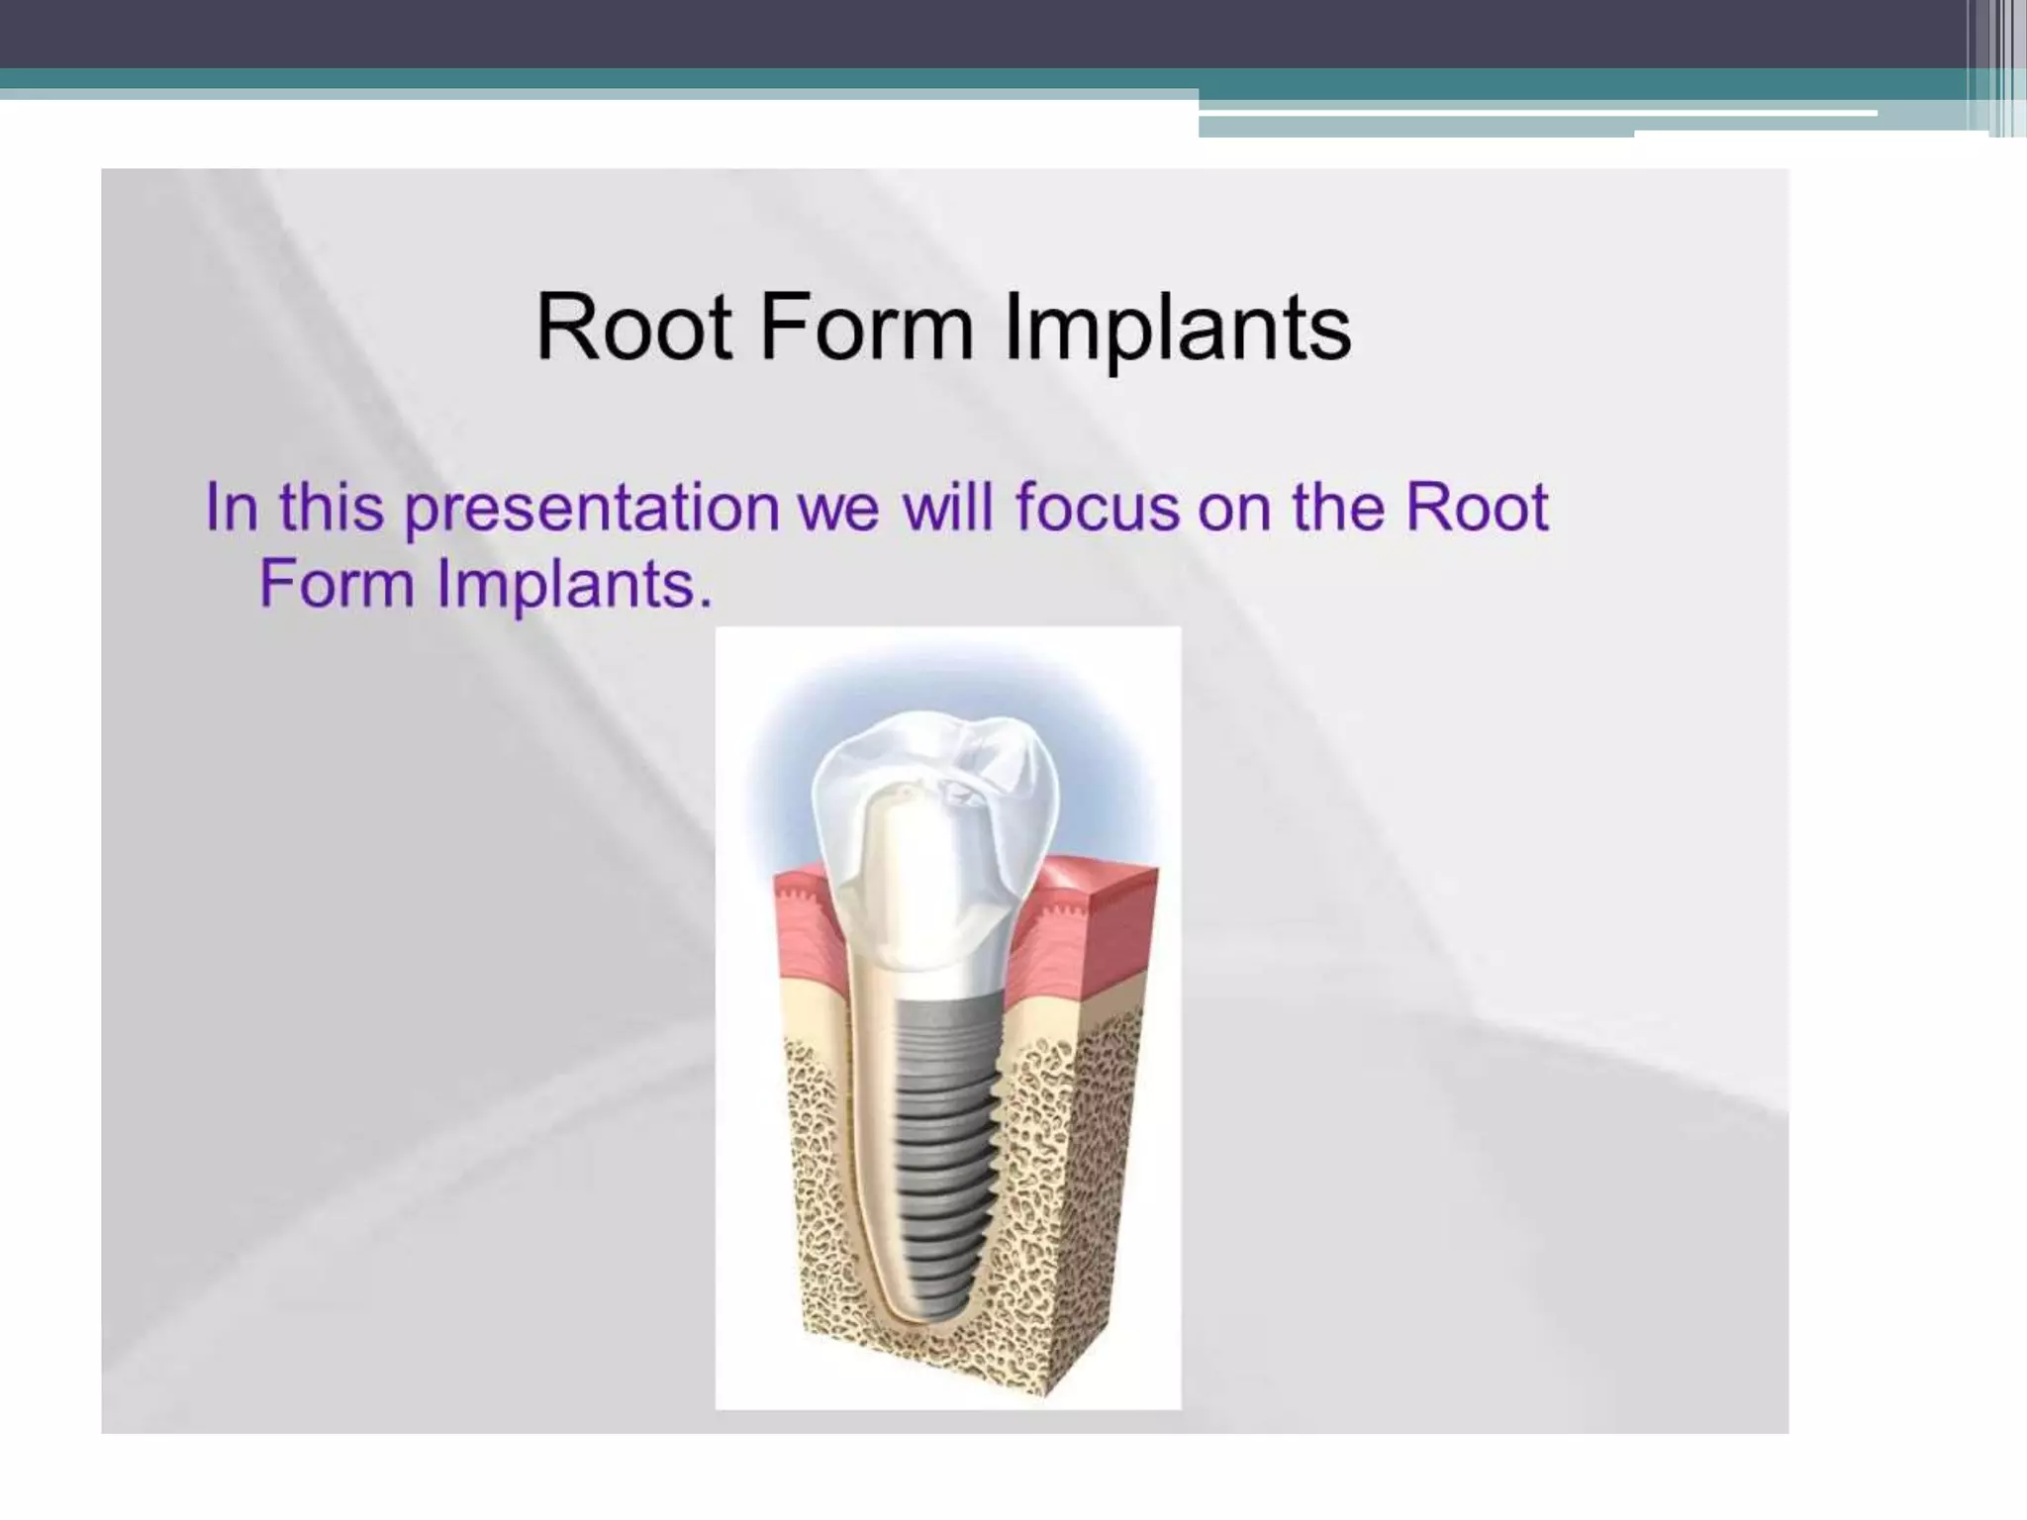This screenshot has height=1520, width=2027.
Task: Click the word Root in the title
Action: pyautogui.click(x=633, y=328)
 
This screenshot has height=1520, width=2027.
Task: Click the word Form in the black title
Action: pyautogui.click(x=867, y=328)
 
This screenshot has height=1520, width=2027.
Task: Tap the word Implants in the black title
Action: pyautogui.click(x=1177, y=330)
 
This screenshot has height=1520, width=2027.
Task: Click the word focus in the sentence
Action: pyautogui.click(x=1097, y=508)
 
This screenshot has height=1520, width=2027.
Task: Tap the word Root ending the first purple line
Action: pyautogui.click(x=1477, y=508)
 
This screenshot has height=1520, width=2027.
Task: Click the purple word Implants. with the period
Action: pyautogui.click(x=574, y=585)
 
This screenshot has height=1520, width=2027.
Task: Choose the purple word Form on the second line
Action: pyautogui.click(x=337, y=583)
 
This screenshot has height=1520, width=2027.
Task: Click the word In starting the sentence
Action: pyautogui.click(x=232, y=508)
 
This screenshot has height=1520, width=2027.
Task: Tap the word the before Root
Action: pyautogui.click(x=1340, y=508)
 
